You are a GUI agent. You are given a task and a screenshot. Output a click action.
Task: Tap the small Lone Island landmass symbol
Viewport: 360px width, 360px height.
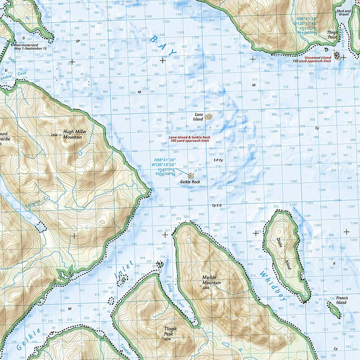tap(208, 118)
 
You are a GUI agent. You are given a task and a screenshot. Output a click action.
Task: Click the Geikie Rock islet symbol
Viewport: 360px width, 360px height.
tap(190, 175)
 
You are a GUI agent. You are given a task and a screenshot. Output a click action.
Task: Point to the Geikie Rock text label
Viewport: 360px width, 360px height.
tap(190, 181)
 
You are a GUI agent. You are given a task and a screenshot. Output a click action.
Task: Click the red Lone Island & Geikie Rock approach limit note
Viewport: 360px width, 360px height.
tap(190, 139)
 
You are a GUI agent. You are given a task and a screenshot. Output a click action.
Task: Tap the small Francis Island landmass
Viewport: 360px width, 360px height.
tap(334, 310)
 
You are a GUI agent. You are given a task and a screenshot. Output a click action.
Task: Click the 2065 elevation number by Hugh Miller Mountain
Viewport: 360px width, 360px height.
tap(54, 136)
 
